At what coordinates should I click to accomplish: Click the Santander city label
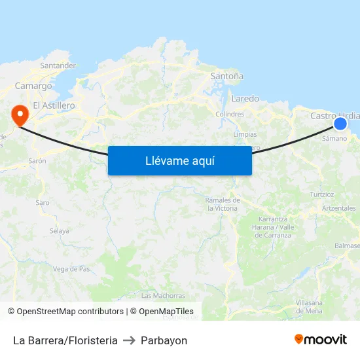58,65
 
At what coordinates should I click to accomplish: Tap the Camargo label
33,86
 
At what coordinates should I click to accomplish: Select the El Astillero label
54,105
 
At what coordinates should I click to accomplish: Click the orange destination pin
20,115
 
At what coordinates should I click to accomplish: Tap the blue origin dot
340,123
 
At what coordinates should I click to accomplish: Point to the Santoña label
226,76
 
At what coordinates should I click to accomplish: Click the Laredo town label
245,99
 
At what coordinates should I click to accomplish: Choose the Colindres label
230,114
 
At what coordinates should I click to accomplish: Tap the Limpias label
245,134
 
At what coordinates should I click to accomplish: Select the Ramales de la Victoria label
222,204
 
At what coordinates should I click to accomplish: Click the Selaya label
59,231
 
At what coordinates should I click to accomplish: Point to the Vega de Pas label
71,269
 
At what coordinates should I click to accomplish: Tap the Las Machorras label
163,296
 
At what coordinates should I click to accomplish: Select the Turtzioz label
321,194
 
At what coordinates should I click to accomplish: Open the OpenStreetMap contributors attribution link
70,312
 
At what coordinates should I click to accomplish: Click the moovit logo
321,340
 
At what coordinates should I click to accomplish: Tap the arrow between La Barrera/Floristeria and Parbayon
129,340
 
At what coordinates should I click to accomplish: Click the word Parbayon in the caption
164,340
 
